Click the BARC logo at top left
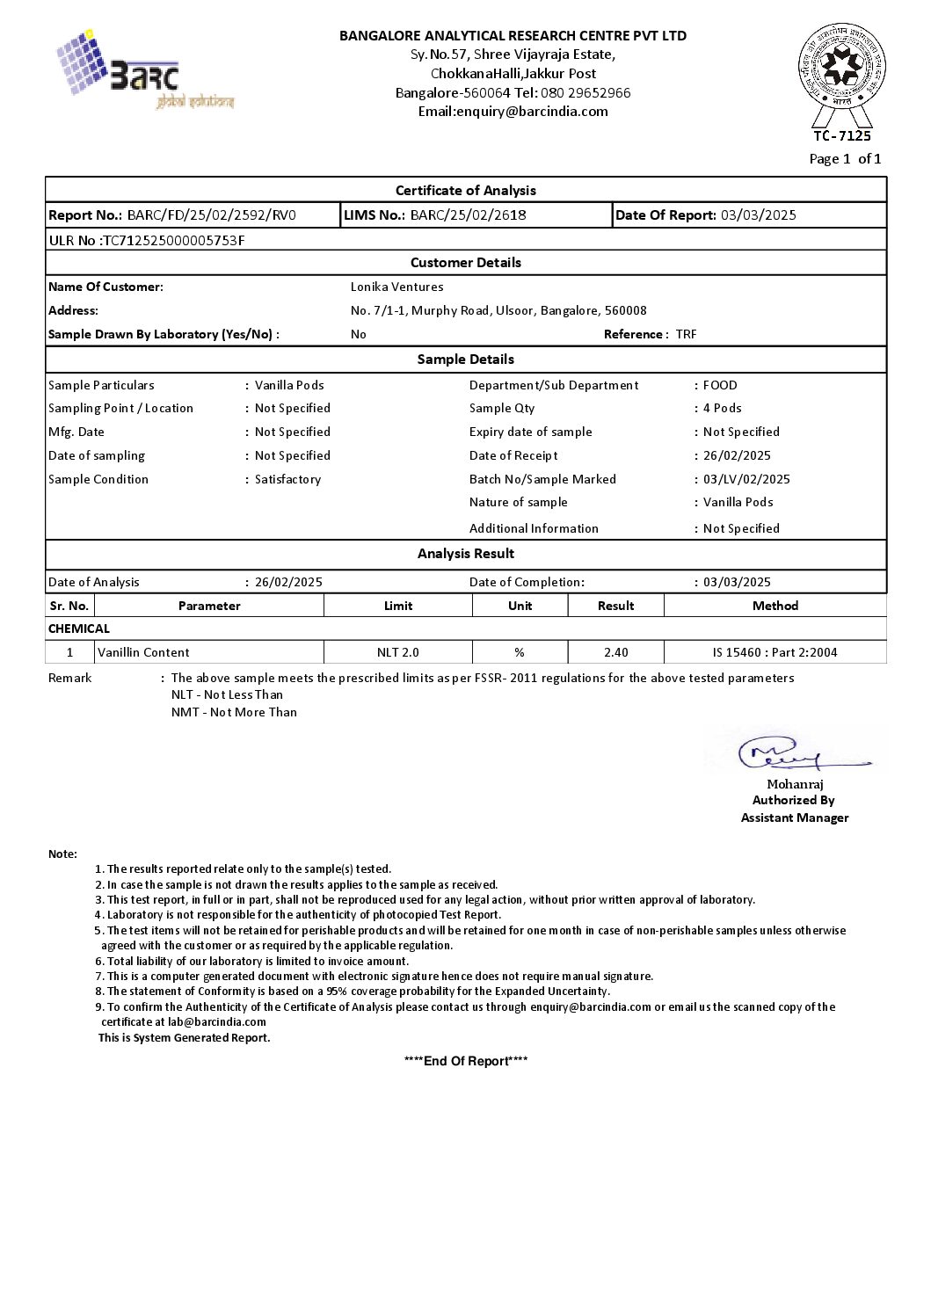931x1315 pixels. [x=145, y=70]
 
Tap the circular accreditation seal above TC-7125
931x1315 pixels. [x=841, y=66]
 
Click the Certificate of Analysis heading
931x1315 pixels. [x=465, y=191]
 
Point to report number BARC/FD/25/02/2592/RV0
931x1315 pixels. [x=211, y=215]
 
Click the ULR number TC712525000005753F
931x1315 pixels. [x=173, y=240]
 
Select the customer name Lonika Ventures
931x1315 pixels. [x=396, y=287]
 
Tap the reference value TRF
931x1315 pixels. [x=686, y=334]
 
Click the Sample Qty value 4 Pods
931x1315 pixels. [x=722, y=408]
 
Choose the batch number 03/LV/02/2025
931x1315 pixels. [x=746, y=479]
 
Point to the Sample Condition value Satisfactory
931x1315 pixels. [x=287, y=479]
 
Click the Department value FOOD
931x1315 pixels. [x=720, y=385]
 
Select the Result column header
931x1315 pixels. [x=615, y=606]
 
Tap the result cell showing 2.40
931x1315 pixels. [x=615, y=652]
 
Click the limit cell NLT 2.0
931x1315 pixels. [x=397, y=652]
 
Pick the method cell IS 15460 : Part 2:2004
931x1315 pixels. [x=775, y=652]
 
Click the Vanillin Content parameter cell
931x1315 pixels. [x=143, y=652]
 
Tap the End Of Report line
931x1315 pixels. [x=465, y=1061]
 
